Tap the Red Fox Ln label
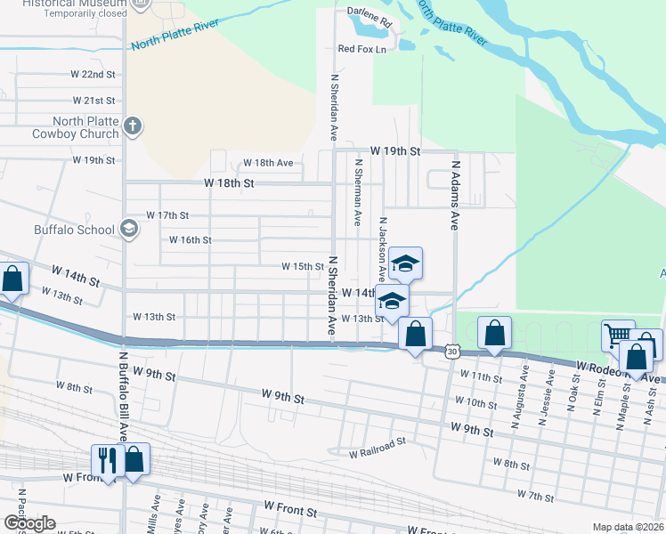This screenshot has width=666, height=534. point(361,50)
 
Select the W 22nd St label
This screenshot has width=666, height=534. point(94,75)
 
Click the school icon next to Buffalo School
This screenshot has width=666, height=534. point(129,231)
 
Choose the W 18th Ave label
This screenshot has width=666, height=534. point(267,164)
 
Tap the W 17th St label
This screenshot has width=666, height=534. point(167,215)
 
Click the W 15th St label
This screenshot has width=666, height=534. point(303,266)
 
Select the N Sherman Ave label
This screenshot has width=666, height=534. point(359,192)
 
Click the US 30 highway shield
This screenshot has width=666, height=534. point(453,352)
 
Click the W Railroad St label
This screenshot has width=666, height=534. point(378,453)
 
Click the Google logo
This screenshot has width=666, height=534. point(29,523)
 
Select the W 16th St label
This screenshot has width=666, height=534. point(190,240)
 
